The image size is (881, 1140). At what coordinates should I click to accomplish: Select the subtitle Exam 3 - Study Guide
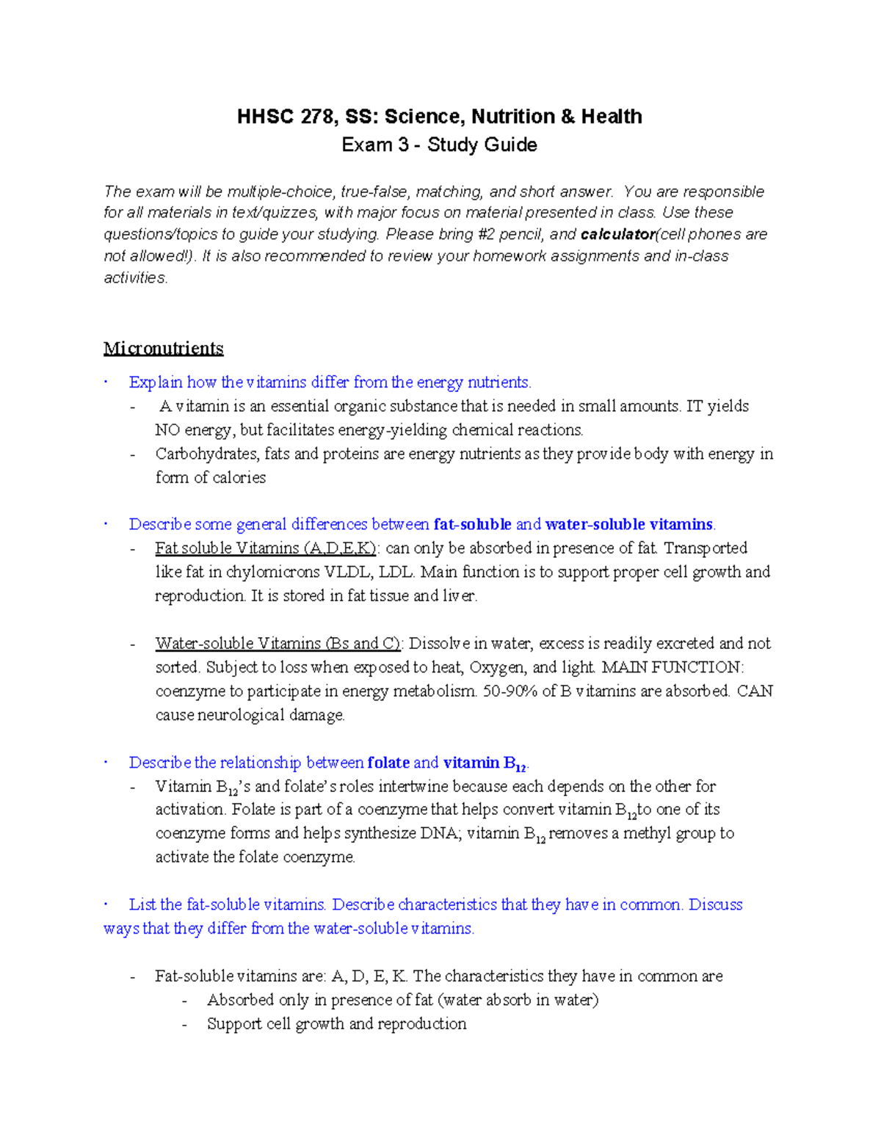point(439,145)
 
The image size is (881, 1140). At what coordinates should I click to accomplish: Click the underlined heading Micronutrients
point(163,348)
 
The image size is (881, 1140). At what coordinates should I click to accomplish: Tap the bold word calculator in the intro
point(617,234)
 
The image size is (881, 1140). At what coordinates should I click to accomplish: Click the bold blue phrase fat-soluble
point(472,524)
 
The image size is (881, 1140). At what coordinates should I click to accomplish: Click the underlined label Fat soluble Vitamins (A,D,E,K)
point(266,548)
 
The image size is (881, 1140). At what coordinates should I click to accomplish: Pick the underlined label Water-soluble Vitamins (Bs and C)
point(278,644)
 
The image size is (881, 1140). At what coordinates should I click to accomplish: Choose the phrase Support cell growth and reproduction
point(336,1024)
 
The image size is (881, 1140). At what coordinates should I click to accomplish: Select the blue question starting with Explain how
point(330,382)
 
